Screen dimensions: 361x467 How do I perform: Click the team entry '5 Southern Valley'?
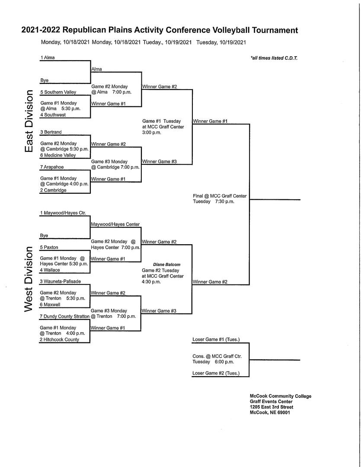(x=58, y=92)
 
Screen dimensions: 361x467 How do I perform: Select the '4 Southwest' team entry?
(x=53, y=115)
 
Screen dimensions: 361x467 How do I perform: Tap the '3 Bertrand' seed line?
(x=51, y=132)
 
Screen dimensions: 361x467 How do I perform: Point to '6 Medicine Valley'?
(x=58, y=155)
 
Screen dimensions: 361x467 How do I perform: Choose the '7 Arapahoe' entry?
(x=52, y=167)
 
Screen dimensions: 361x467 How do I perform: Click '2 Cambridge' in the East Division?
(x=53, y=190)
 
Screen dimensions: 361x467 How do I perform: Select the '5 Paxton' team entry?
(x=49, y=247)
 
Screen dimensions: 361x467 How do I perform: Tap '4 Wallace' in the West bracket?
(x=50, y=270)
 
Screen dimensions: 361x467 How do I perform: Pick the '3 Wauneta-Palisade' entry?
(x=61, y=281)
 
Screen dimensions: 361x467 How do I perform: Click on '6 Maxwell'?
(x=50, y=304)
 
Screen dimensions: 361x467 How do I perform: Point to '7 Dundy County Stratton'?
(x=65, y=316)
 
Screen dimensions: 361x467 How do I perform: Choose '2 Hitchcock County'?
(x=60, y=339)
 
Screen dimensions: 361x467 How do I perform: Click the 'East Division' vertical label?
(x=29, y=121)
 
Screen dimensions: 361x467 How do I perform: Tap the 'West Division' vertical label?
(x=28, y=279)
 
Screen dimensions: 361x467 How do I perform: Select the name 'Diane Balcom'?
(x=167, y=265)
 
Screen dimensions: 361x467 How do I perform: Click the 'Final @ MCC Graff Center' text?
(x=220, y=196)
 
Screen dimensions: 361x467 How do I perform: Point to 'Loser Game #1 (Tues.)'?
(x=216, y=339)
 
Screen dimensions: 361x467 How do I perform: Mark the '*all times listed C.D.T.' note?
(x=274, y=58)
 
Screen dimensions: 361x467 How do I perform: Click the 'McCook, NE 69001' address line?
(x=270, y=413)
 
